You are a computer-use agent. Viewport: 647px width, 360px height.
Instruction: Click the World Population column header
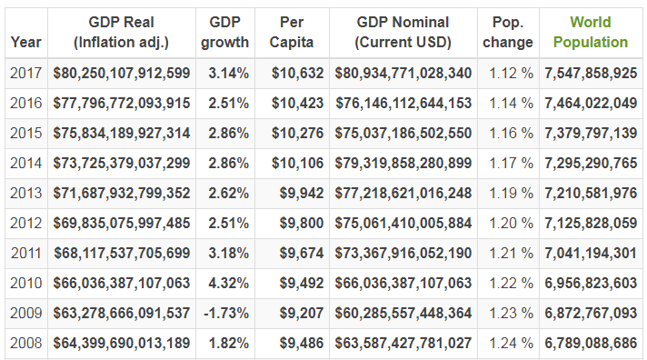[x=590, y=32]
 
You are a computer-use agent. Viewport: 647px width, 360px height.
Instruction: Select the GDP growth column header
[x=224, y=32]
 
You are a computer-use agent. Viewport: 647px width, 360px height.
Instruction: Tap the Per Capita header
[x=292, y=32]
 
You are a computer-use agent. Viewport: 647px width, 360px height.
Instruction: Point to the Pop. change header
[x=508, y=32]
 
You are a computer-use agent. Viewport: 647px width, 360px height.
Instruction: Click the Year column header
[x=26, y=42]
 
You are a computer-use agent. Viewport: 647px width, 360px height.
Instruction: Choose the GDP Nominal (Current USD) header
[x=403, y=32]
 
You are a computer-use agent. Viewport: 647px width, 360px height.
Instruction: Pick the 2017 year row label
[x=26, y=73]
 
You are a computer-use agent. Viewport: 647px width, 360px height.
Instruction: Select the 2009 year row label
[x=26, y=313]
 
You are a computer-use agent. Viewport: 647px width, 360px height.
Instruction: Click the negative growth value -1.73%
[x=226, y=313]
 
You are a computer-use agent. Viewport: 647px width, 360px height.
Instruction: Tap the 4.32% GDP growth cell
[x=229, y=283]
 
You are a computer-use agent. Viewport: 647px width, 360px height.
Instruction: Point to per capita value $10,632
[x=297, y=73]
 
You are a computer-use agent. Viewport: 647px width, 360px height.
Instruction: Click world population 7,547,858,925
[x=591, y=73]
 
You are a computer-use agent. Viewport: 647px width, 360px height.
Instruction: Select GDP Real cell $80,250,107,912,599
[x=122, y=73]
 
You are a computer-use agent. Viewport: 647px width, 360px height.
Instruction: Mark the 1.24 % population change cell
[x=512, y=343]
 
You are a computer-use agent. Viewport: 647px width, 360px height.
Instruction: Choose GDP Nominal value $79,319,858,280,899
[x=403, y=163]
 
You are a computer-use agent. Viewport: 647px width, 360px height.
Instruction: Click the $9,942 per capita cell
[x=302, y=193]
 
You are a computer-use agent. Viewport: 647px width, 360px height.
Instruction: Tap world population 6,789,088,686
[x=591, y=343]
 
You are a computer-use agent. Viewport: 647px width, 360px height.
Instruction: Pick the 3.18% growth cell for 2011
[x=229, y=253]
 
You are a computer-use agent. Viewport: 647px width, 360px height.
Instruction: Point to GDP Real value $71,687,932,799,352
[x=122, y=193]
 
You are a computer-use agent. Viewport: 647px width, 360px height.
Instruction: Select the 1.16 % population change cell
[x=512, y=133]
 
